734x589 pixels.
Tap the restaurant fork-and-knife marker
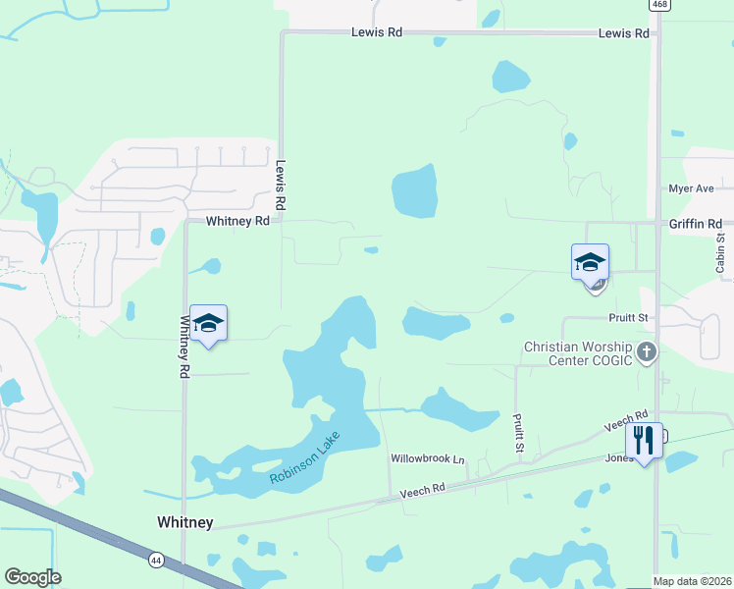pos(644,439)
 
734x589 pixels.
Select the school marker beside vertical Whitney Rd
pos(208,323)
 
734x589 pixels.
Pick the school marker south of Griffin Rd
pos(590,262)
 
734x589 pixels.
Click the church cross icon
pos(646,351)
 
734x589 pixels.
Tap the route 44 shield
pos(156,560)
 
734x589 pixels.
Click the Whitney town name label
pos(184,522)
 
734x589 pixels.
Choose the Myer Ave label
pos(691,188)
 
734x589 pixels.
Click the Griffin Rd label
pos(695,224)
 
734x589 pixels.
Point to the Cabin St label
pos(720,252)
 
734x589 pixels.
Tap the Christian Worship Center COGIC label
pos(579,353)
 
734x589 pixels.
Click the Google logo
pos(32,577)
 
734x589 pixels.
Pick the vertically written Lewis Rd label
pos(280,186)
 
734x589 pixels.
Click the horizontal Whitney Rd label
pos(237,222)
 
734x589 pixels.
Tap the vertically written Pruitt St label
pos(518,432)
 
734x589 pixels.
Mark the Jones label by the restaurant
pos(618,457)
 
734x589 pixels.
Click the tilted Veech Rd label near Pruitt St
pos(627,421)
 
